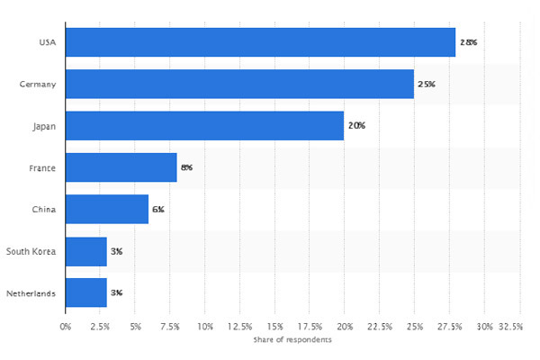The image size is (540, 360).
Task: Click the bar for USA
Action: click(x=260, y=42)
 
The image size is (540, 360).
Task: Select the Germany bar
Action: click(x=239, y=84)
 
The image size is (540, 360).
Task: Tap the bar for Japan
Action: click(x=204, y=125)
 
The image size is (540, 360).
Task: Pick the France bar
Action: click(x=121, y=167)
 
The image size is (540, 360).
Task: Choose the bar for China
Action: click(x=107, y=209)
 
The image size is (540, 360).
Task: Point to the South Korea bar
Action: click(x=86, y=251)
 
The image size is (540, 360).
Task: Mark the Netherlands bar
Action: click(x=86, y=292)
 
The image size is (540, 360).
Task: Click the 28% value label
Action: click(x=469, y=42)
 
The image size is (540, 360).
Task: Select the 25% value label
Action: click(x=427, y=84)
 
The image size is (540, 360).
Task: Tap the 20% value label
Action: click(x=356, y=125)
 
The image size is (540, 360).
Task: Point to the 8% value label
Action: click(x=186, y=167)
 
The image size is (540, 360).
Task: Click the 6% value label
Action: click(x=157, y=209)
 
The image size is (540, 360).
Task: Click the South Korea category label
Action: click(x=31, y=251)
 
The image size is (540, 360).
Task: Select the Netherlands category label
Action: click(x=31, y=292)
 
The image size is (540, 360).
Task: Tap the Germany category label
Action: click(x=38, y=84)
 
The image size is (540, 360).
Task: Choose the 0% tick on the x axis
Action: click(x=65, y=326)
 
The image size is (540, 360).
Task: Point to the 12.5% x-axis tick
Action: click(x=239, y=326)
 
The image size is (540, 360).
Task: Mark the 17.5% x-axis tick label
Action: click(x=310, y=326)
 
